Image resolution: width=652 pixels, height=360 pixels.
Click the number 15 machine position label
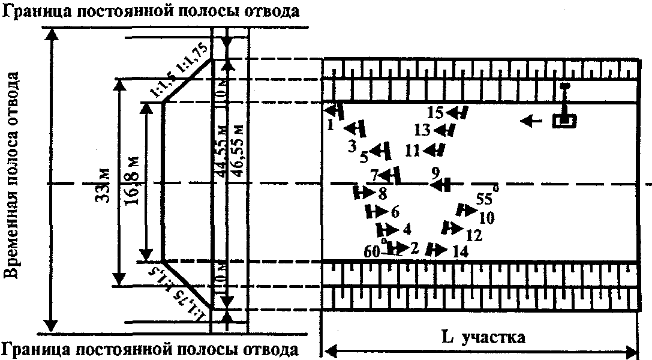click(x=437, y=112)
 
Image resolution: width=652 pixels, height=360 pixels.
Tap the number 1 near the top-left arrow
click(x=330, y=125)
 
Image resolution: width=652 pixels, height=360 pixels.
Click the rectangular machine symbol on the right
click(x=564, y=121)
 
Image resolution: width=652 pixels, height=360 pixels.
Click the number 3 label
click(x=352, y=146)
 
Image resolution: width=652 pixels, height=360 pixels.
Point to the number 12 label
click(x=473, y=236)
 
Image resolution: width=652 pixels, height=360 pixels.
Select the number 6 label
click(x=394, y=212)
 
